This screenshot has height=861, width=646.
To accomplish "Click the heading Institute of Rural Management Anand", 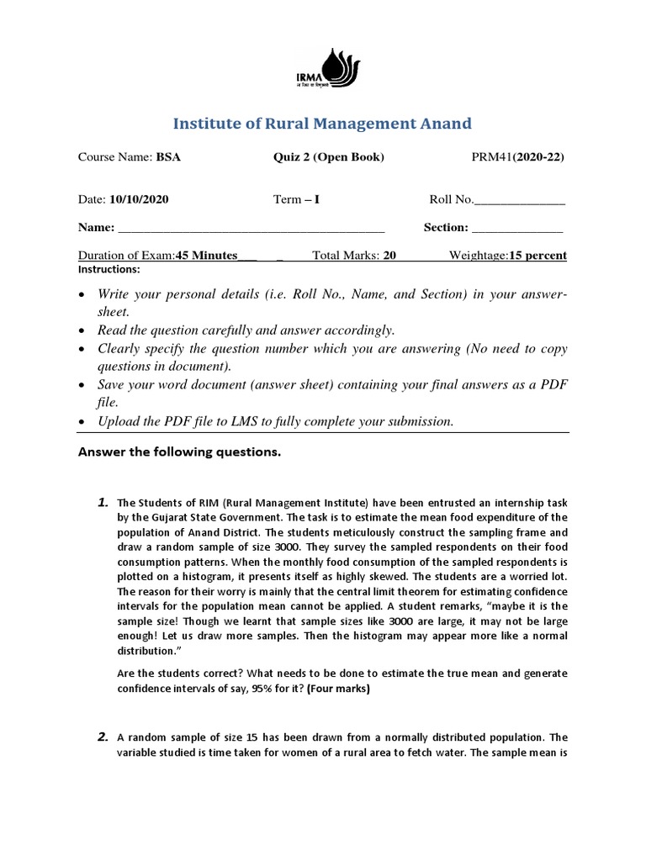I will pyautogui.click(x=322, y=124).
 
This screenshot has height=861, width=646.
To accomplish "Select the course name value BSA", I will pyautogui.click(x=168, y=157).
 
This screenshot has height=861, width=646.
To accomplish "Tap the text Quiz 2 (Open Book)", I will pyautogui.click(x=329, y=157).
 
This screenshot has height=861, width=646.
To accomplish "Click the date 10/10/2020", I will pyautogui.click(x=139, y=199).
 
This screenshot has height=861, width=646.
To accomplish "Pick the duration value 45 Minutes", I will pyautogui.click(x=206, y=256).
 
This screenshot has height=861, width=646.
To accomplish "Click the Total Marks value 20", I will pyautogui.click(x=389, y=256).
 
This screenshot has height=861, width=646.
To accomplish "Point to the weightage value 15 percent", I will pyautogui.click(x=537, y=256).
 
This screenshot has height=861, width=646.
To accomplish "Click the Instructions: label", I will pyautogui.click(x=109, y=270).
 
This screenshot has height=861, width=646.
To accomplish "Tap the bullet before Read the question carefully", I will pyautogui.click(x=80, y=330).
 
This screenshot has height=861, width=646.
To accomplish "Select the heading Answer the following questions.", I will pyautogui.click(x=179, y=452).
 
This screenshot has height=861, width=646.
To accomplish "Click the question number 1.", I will pyautogui.click(x=103, y=502).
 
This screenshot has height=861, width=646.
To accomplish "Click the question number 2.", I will pyautogui.click(x=103, y=737).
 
